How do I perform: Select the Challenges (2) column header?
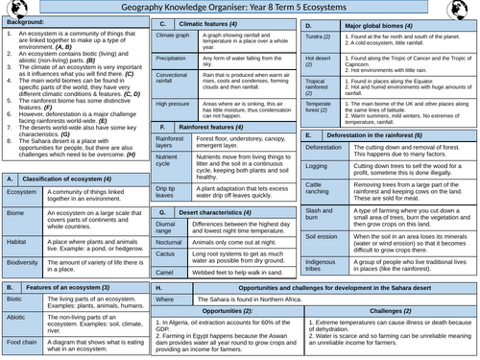tap(395, 312)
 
